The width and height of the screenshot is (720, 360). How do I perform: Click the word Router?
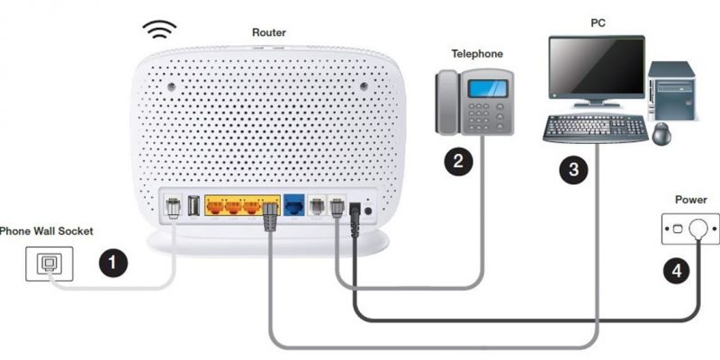click(x=268, y=32)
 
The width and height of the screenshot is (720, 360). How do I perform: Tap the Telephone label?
click(x=477, y=54)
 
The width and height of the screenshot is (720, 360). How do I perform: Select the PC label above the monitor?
click(x=598, y=23)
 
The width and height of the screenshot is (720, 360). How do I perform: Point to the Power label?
click(x=690, y=200)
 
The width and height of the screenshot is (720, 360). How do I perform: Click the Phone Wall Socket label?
click(x=46, y=230)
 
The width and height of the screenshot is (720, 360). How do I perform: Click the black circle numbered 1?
click(x=113, y=263)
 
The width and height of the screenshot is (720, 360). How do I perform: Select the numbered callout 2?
click(x=458, y=161)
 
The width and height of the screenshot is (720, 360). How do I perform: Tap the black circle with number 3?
click(x=573, y=169)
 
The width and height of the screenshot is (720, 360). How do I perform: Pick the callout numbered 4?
click(x=677, y=271)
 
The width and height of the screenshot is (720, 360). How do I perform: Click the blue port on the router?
click(x=294, y=205)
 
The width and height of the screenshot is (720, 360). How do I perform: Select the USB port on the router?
click(x=193, y=206)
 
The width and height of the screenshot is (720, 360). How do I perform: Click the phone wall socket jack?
click(x=49, y=264)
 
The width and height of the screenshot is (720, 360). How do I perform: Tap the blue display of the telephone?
click(x=488, y=88)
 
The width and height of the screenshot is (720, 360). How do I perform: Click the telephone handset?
click(x=447, y=103)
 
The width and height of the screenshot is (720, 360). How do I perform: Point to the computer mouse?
click(x=661, y=134)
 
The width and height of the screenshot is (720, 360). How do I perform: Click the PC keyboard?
click(x=596, y=129)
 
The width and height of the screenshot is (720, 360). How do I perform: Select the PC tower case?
click(x=671, y=92)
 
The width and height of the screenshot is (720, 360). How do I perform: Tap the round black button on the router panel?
click(x=368, y=211)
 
